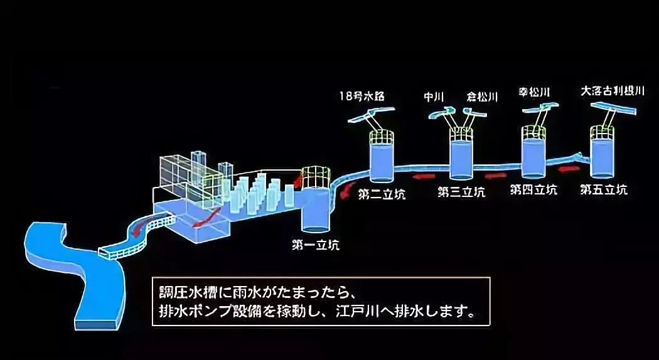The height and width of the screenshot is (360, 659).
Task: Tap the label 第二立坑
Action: (x=382, y=193)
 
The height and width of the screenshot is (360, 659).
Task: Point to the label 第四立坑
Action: (x=533, y=189)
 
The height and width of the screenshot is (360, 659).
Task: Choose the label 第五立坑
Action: (x=603, y=189)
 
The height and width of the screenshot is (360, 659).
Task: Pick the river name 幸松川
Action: (x=535, y=93)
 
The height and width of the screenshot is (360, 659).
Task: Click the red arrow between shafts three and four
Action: (x=497, y=169)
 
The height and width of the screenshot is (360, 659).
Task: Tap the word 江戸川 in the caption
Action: (x=343, y=311)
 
